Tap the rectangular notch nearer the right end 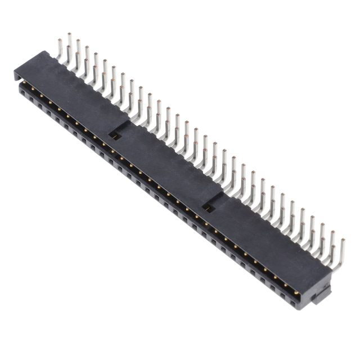pos(209,208)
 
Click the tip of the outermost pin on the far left pos(59,40)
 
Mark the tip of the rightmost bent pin pos(343,241)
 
